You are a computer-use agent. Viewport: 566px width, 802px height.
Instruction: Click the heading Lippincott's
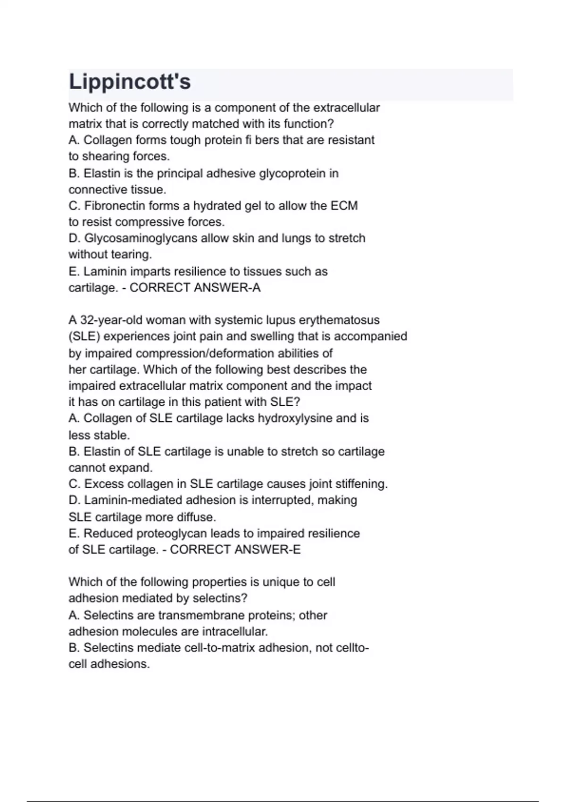[130, 82]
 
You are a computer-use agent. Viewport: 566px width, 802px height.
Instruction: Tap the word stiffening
[361, 484]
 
